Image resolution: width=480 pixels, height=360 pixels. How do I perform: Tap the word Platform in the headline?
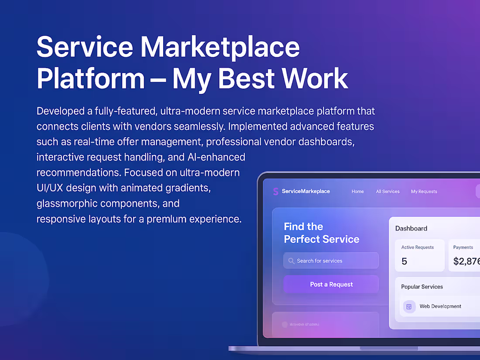coord(90,79)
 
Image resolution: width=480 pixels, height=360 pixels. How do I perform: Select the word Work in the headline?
coord(314,79)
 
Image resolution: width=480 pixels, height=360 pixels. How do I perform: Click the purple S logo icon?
coord(275,191)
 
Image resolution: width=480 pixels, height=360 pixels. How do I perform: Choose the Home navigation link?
coord(357,192)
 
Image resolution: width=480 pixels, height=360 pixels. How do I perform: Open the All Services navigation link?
coord(387,192)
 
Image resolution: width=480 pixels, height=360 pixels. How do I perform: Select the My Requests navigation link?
coord(424,192)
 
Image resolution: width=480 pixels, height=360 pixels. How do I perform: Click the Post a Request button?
coord(331,285)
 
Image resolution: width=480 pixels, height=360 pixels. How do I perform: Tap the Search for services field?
coord(332,261)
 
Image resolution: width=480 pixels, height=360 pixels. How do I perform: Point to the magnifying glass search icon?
coord(291,261)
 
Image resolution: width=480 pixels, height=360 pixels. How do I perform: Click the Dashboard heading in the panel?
coord(411,228)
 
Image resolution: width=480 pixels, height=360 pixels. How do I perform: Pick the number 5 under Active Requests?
coord(404,261)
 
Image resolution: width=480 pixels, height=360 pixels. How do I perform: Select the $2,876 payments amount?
coord(466,261)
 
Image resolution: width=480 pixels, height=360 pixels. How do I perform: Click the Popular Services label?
coord(422,287)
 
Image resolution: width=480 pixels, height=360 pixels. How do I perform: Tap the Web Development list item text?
coord(440,306)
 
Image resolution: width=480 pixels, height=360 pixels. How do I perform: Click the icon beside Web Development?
coord(409,306)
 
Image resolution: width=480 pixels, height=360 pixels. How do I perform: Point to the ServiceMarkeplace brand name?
coord(306,192)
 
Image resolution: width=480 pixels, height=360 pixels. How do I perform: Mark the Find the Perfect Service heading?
coord(322,233)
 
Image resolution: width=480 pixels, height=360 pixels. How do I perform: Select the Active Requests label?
coord(418,247)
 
